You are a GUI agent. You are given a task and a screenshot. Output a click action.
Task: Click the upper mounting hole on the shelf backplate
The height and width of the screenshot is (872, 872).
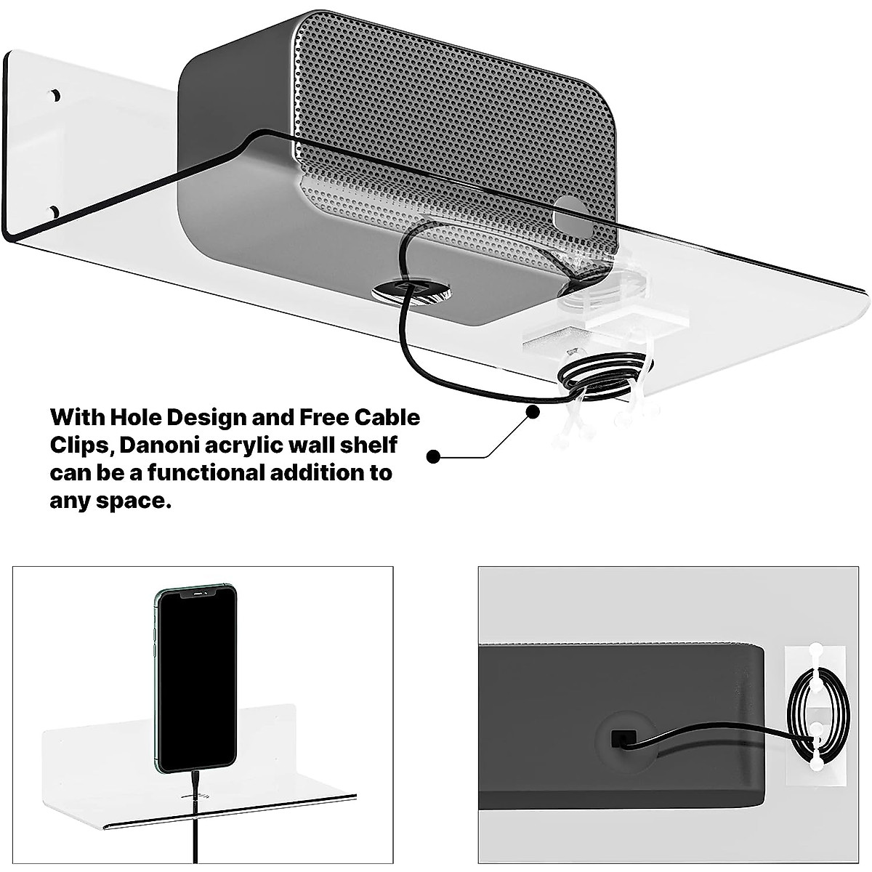pyautogui.click(x=54, y=95)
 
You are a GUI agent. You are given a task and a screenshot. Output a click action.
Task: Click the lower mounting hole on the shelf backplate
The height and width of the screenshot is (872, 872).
pyautogui.click(x=54, y=211)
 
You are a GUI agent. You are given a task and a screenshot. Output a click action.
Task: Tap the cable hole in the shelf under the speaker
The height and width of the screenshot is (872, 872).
pyautogui.click(x=411, y=291)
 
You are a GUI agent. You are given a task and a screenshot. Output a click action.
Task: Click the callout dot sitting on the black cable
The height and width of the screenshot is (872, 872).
pyautogui.click(x=533, y=411)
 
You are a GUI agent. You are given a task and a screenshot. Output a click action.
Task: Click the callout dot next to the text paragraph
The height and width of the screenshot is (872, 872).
pyautogui.click(x=434, y=457)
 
